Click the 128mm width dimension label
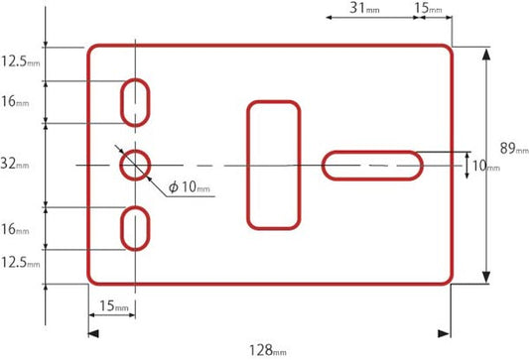268,350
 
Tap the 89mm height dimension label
514,149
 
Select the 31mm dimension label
364,8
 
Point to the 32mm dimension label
15,164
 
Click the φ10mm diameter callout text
190,186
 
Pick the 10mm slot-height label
485,166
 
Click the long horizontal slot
372,153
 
